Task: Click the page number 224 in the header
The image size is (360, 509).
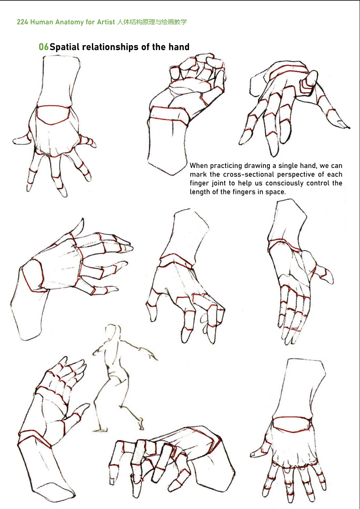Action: click(22, 22)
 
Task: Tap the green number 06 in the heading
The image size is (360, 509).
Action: click(43, 47)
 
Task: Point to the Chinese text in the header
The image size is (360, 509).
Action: click(152, 22)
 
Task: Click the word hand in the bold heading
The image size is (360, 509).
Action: click(179, 47)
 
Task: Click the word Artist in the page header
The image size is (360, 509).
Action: click(106, 22)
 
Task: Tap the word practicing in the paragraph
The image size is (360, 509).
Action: click(226, 166)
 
